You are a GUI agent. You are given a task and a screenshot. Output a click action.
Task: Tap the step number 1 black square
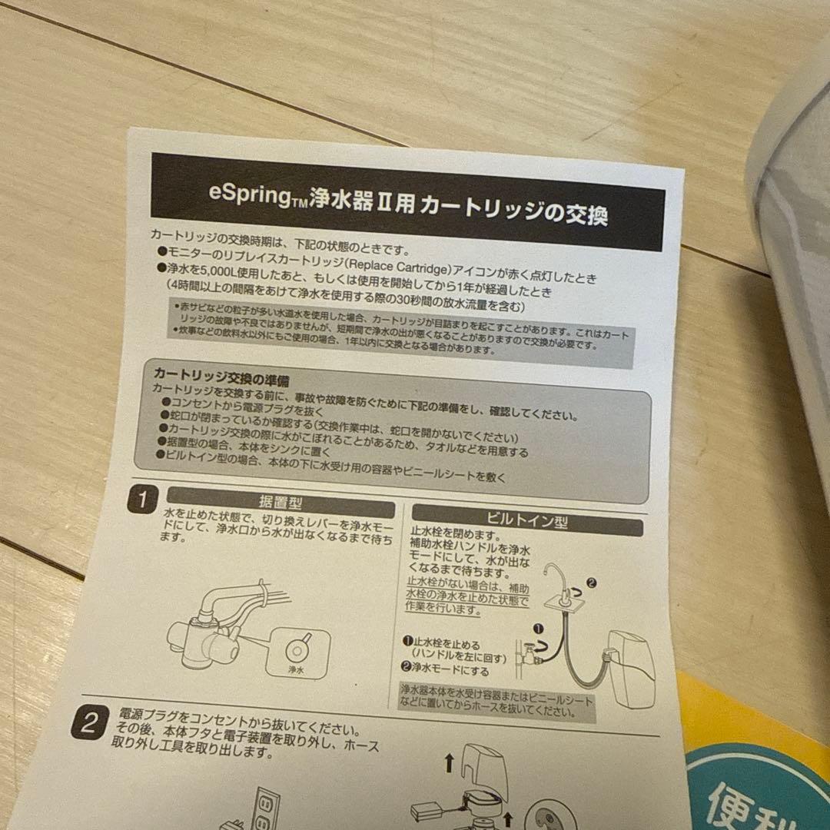(141, 500)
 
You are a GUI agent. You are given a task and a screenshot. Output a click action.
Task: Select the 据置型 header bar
(280, 503)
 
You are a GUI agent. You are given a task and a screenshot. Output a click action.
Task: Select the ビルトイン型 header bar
(526, 521)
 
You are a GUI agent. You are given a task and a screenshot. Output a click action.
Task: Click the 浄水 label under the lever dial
(297, 670)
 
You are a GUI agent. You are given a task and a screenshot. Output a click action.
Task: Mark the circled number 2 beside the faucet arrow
(590, 583)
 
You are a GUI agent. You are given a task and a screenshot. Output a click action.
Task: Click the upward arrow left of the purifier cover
(448, 762)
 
